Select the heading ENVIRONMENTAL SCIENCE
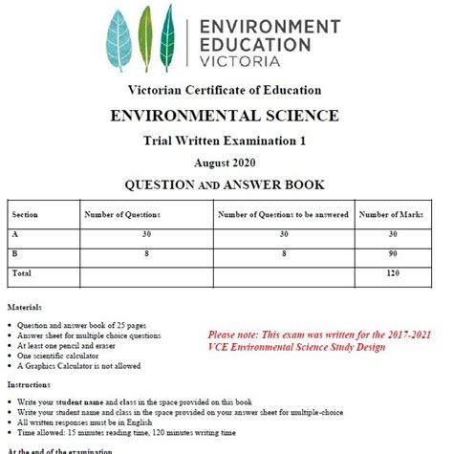click(226, 117)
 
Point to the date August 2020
click(226, 163)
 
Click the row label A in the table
click(15, 233)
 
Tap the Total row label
click(22, 272)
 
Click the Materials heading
click(25, 308)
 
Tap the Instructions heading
click(30, 382)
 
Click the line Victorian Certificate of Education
click(226, 91)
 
